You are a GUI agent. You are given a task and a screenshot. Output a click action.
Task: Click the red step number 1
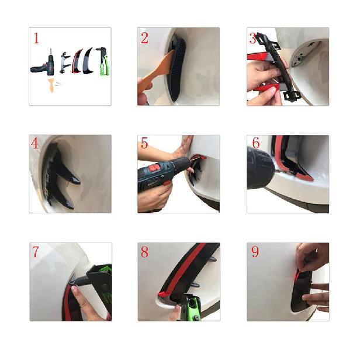37,39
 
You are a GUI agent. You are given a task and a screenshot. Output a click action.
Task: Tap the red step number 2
145,39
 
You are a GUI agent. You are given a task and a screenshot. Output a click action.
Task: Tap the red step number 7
36,252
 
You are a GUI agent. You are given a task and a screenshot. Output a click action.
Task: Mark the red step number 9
255,252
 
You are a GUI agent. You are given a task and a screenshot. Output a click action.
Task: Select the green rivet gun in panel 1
102,62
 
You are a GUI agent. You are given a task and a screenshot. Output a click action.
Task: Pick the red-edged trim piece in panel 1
77,62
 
